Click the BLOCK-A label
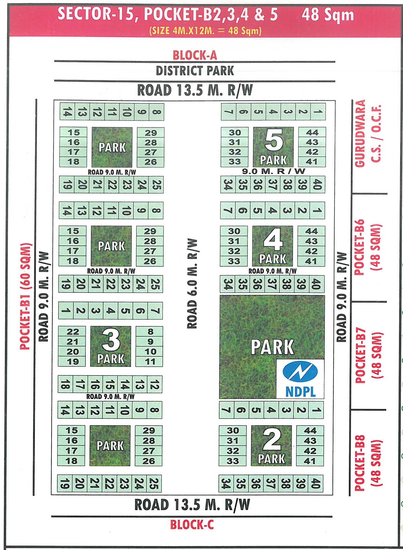195,55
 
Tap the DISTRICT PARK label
195,71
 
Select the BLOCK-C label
192,524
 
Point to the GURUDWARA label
360,133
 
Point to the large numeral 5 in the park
274,141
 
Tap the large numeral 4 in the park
273,239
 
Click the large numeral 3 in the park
111,340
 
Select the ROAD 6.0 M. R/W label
192,283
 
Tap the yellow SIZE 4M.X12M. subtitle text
205,31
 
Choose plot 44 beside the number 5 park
312,133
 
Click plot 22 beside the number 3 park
73,332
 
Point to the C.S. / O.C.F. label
376,133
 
